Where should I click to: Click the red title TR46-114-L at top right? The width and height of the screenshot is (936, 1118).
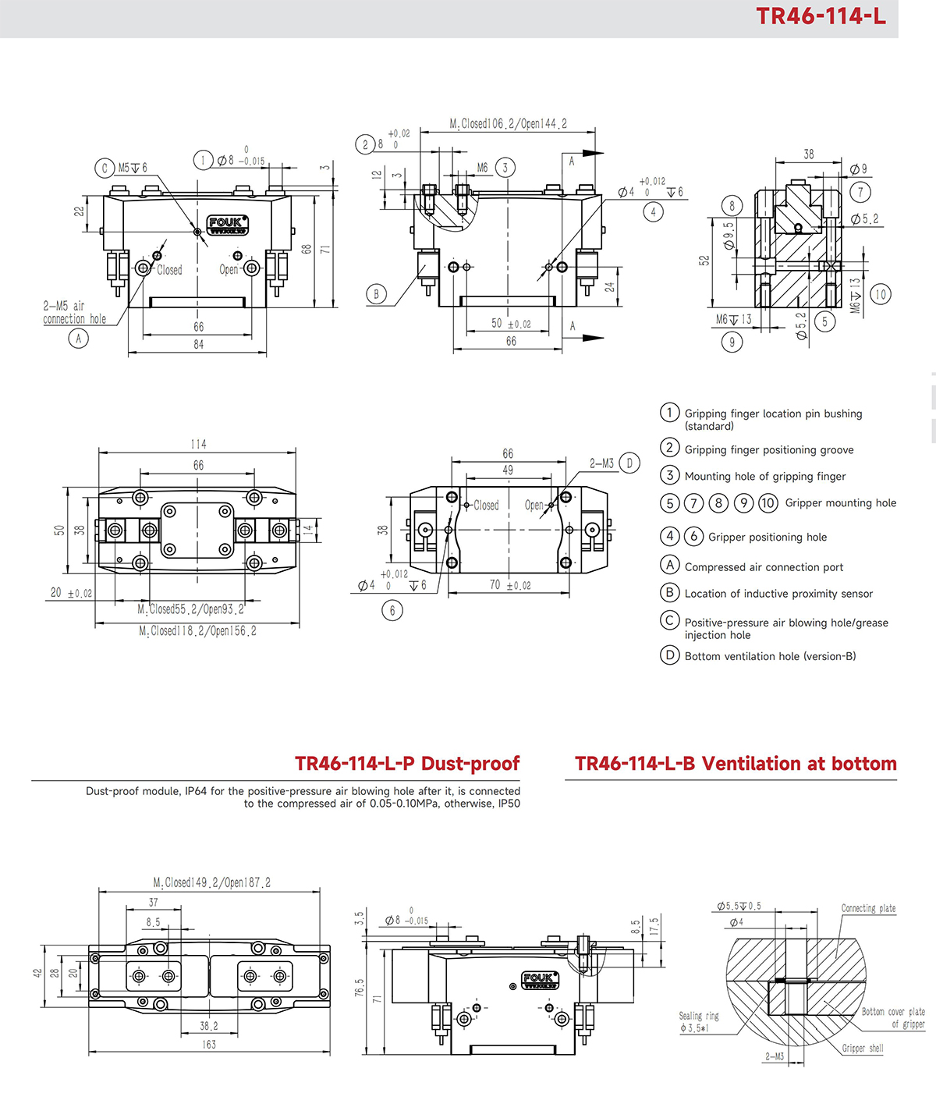pyautogui.click(x=821, y=16)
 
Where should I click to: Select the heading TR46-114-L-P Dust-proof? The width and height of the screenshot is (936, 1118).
pyautogui.click(x=407, y=764)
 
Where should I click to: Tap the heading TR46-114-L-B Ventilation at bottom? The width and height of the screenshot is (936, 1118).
pyautogui.click(x=736, y=764)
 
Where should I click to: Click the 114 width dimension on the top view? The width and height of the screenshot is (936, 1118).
pyautogui.click(x=198, y=444)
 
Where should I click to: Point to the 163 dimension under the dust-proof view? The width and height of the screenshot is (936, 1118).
pyautogui.click(x=209, y=1044)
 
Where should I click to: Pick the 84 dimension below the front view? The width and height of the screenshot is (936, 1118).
pyautogui.click(x=198, y=344)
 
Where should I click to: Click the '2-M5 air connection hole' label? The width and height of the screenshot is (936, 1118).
pyautogui.click(x=74, y=312)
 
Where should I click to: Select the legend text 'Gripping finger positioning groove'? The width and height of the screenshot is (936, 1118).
pyautogui.click(x=768, y=450)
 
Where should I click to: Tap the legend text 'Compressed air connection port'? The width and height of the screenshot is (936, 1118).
pyautogui.click(x=764, y=567)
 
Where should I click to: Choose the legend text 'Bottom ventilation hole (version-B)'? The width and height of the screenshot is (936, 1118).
pyautogui.click(x=770, y=656)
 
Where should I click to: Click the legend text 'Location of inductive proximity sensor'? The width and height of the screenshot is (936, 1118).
pyautogui.click(x=778, y=594)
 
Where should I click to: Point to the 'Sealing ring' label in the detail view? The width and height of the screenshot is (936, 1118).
pyautogui.click(x=698, y=1016)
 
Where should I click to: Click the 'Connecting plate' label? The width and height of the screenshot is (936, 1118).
pyautogui.click(x=868, y=908)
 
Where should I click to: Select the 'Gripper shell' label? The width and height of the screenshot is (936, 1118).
pyautogui.click(x=863, y=1048)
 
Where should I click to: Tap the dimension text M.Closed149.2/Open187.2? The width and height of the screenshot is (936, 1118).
pyautogui.click(x=211, y=882)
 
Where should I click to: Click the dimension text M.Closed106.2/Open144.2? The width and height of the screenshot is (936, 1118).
pyautogui.click(x=508, y=124)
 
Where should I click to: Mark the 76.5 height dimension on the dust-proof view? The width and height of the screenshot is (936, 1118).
pyautogui.click(x=359, y=987)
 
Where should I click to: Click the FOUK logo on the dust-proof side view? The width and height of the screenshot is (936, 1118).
pyautogui.click(x=539, y=980)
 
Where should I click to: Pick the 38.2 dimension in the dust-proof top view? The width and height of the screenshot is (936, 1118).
pyautogui.click(x=209, y=1026)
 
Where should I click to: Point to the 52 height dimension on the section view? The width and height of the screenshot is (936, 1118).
pyautogui.click(x=704, y=261)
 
